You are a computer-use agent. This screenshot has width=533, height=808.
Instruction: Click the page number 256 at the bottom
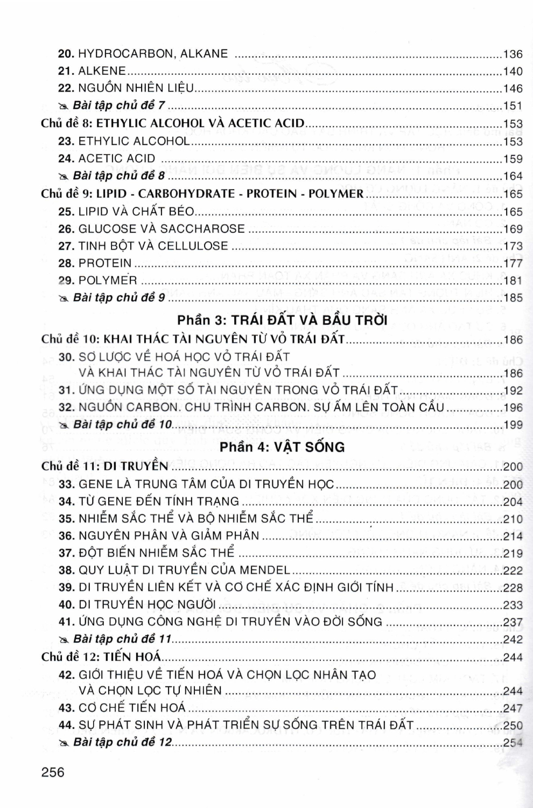(53, 772)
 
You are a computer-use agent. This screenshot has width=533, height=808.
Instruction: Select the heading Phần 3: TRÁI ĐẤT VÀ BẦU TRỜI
(282, 320)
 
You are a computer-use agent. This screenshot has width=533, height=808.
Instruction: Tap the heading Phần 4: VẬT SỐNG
(282, 447)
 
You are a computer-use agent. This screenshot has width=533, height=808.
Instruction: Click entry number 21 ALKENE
(92, 71)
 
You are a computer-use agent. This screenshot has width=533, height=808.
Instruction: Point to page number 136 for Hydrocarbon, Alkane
(513, 54)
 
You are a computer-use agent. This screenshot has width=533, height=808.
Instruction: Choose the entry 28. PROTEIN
(95, 263)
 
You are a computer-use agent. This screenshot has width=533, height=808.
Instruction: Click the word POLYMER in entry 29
(108, 281)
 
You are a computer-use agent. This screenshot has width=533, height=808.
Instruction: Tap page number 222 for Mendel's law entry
(513, 570)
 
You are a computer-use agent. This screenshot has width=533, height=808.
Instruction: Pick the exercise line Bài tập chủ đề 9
(118, 298)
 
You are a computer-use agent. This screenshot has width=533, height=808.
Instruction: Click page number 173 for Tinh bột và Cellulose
(513, 246)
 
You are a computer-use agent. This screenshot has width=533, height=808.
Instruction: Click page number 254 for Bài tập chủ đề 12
(513, 743)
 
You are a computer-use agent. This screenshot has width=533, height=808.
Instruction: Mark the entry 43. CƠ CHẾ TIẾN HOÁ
(122, 708)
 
